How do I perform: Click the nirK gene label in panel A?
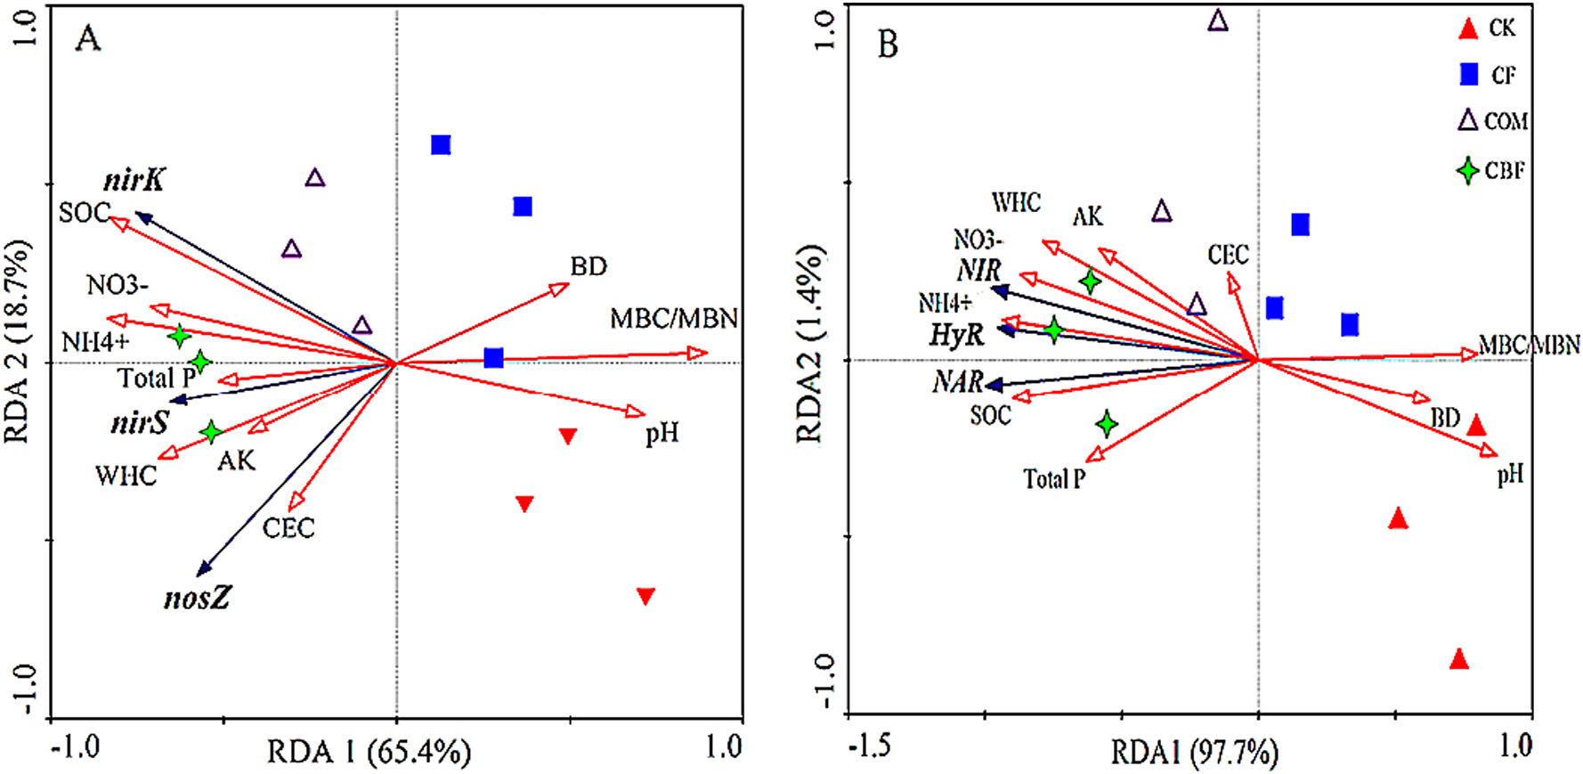pyautogui.click(x=134, y=180)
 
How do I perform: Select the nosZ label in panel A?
pyautogui.click(x=197, y=598)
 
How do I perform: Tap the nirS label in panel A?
pyautogui.click(x=140, y=422)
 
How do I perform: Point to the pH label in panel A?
pyautogui.click(x=662, y=434)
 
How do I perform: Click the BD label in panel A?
pyautogui.click(x=589, y=266)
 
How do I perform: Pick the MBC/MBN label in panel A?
pyautogui.click(x=674, y=318)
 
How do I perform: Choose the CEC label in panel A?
pyautogui.click(x=288, y=528)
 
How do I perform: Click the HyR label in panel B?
pyautogui.click(x=957, y=335)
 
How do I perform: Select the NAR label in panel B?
pyautogui.click(x=957, y=382)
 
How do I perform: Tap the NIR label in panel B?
pyautogui.click(x=979, y=270)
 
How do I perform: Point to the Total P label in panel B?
pyautogui.click(x=1054, y=479)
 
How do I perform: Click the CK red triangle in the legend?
pyautogui.click(x=1468, y=29)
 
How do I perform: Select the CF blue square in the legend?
pyautogui.click(x=1469, y=75)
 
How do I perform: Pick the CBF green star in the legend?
pyautogui.click(x=1468, y=170)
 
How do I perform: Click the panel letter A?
pyautogui.click(x=87, y=39)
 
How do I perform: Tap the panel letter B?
pyautogui.click(x=888, y=45)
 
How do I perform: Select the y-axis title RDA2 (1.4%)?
pyautogui.click(x=809, y=344)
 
